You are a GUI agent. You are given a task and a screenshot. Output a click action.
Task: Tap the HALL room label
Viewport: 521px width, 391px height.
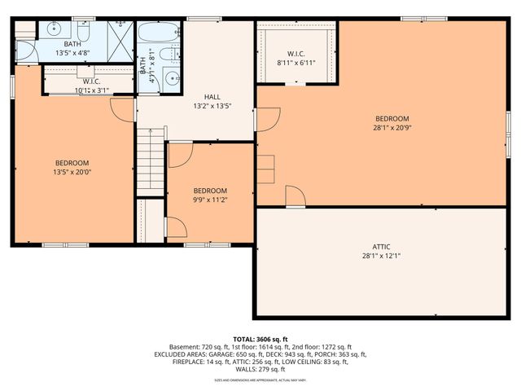(x=212, y=97)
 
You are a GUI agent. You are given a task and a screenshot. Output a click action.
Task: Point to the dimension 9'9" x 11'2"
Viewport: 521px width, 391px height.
(x=210, y=200)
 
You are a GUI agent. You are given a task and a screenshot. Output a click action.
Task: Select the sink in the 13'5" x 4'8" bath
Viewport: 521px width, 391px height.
(x=54, y=29)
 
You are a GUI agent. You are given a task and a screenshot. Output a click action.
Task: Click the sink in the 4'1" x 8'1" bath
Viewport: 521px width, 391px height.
(x=173, y=80)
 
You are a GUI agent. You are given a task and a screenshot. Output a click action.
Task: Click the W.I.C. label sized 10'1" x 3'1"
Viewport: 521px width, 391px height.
(x=91, y=81)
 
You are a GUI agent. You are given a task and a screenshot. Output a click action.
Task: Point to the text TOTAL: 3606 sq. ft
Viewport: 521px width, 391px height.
(x=260, y=339)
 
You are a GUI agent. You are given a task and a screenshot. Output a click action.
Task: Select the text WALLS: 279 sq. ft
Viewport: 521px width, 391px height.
(x=260, y=369)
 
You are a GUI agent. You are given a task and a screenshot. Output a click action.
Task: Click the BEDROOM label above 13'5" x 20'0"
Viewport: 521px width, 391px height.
(x=72, y=163)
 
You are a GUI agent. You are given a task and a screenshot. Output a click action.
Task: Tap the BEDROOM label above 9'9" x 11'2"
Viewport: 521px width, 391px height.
(x=210, y=191)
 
